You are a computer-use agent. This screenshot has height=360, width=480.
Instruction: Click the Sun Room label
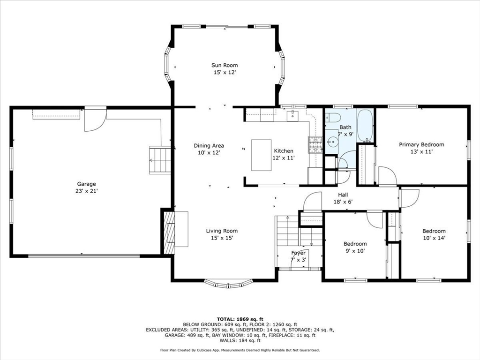[225, 65]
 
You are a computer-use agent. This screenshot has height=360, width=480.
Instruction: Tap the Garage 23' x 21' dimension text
[86, 191]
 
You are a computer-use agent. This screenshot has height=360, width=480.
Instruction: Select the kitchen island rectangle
[262, 155]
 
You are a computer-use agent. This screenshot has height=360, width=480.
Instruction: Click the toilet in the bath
[332, 118]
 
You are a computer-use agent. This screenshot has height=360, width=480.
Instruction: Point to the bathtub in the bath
[365, 125]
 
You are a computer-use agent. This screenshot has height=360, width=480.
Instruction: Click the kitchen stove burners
[315, 144]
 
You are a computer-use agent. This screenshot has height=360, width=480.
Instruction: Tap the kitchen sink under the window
[292, 116]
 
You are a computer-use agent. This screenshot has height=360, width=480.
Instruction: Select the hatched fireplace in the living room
[169, 232]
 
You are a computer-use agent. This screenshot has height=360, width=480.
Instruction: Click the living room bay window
[228, 285]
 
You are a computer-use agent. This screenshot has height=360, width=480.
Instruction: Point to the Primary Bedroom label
[421, 144]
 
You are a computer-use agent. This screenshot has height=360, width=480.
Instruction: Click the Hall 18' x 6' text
[343, 198]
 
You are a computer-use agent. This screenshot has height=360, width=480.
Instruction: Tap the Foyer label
[298, 253]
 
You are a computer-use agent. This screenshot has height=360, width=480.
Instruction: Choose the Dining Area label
[209, 146]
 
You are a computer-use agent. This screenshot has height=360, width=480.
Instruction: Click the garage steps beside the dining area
[159, 160]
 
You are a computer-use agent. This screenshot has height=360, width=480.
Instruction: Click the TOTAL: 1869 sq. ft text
[240, 319]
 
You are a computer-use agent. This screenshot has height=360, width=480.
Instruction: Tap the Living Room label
[222, 231]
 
